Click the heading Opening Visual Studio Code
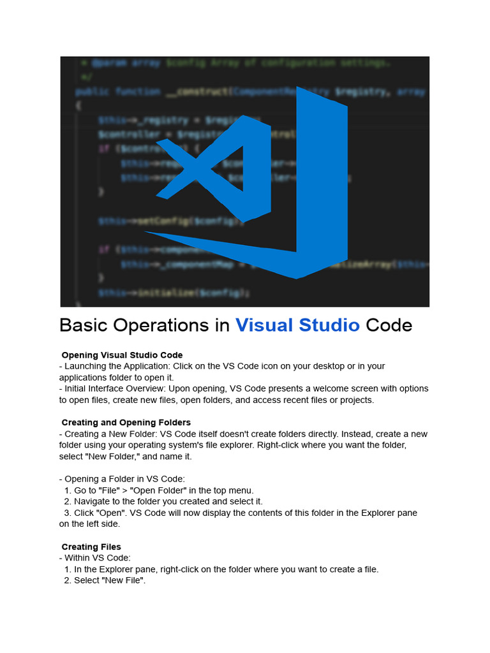pos(122,355)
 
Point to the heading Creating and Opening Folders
pos(126,422)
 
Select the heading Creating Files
pos(91,547)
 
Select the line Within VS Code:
pos(98,558)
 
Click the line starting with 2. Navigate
pos(163,502)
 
